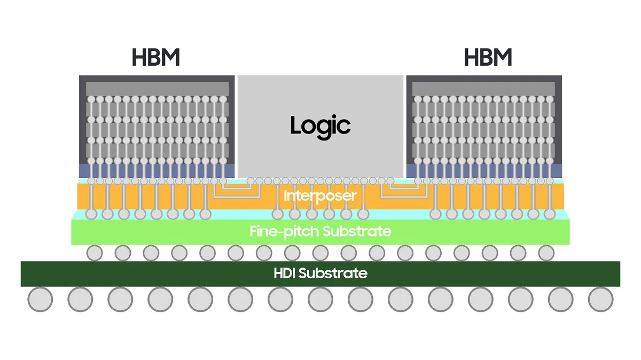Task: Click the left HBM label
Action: pyautogui.click(x=155, y=57)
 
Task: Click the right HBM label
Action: pyautogui.click(x=488, y=57)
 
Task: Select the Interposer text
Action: pyautogui.click(x=320, y=196)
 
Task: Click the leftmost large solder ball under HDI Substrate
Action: pyautogui.click(x=40, y=299)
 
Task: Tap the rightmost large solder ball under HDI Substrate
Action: pyautogui.click(x=600, y=299)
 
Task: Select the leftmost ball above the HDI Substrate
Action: pyautogui.click(x=95, y=253)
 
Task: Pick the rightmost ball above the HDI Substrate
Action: pyautogui.click(x=546, y=253)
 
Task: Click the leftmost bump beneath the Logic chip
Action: pyautogui.click(x=251, y=181)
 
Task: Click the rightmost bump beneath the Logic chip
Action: pyautogui.click(x=390, y=181)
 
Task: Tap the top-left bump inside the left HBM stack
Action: pyautogui.click(x=91, y=99)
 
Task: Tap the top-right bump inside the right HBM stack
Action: pyautogui.click(x=550, y=99)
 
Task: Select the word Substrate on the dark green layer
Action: pyautogui.click(x=333, y=273)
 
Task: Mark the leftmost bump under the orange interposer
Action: pyautogui.click(x=91, y=214)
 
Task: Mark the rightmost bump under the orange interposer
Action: pyautogui.click(x=550, y=214)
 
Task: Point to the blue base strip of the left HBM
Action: pyautogui.click(x=157, y=171)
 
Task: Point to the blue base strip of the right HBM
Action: pyautogui.click(x=484, y=171)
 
